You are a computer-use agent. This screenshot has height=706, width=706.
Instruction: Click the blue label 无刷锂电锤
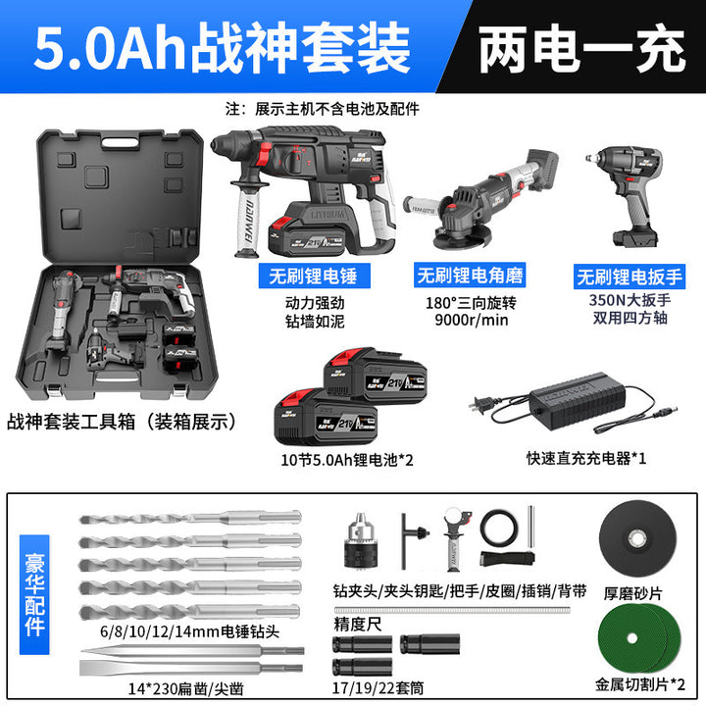(x=315, y=276)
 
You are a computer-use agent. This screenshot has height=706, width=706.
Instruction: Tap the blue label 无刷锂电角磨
(x=470, y=276)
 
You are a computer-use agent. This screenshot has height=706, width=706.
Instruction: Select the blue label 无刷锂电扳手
(x=630, y=277)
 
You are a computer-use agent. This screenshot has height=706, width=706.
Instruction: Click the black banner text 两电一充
(x=581, y=49)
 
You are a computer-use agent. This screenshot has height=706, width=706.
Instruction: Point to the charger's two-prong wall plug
(x=480, y=405)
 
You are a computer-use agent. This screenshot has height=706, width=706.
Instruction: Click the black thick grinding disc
(x=637, y=538)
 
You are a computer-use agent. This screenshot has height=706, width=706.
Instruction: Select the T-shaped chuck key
(x=414, y=540)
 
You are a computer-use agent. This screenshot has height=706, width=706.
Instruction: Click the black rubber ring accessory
(x=499, y=529)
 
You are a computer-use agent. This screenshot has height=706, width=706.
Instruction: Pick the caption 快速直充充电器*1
(x=585, y=458)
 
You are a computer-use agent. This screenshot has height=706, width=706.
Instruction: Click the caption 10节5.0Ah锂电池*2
(x=347, y=460)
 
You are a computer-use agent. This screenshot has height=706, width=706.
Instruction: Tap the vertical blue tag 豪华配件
(x=34, y=595)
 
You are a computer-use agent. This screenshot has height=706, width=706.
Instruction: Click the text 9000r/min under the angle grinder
(x=471, y=320)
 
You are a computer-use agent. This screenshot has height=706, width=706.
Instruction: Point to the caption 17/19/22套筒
(x=378, y=688)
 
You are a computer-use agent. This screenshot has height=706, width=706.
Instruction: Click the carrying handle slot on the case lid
(x=121, y=142)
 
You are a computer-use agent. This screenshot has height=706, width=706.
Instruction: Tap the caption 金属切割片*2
(x=639, y=684)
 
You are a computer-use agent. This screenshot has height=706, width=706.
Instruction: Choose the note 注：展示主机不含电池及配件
(x=323, y=109)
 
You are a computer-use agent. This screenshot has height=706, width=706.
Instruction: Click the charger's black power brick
(x=579, y=396)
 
